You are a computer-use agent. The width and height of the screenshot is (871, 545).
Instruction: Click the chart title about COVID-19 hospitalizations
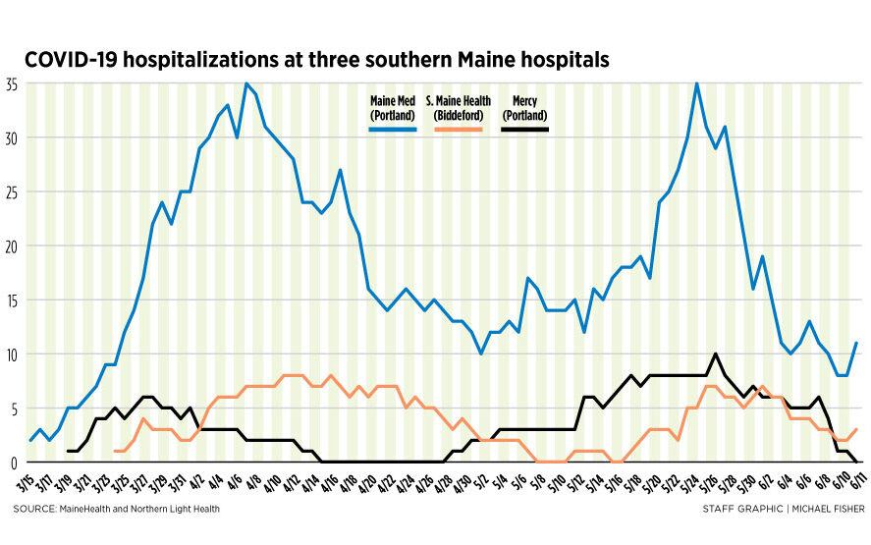coord(316,60)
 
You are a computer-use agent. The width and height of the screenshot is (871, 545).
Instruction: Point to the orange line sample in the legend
coord(458,128)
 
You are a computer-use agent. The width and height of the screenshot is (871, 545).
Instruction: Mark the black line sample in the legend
coord(524,128)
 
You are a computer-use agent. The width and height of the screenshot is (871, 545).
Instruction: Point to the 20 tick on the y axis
coord(13,245)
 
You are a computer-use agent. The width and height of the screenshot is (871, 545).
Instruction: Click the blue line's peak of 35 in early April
coord(245,83)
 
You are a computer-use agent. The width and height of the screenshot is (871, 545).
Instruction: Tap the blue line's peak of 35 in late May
coord(697,83)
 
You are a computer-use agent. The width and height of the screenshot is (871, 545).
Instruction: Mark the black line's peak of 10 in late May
coord(716,354)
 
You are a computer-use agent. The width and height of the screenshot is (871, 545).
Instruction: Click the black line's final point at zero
coord(856,462)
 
